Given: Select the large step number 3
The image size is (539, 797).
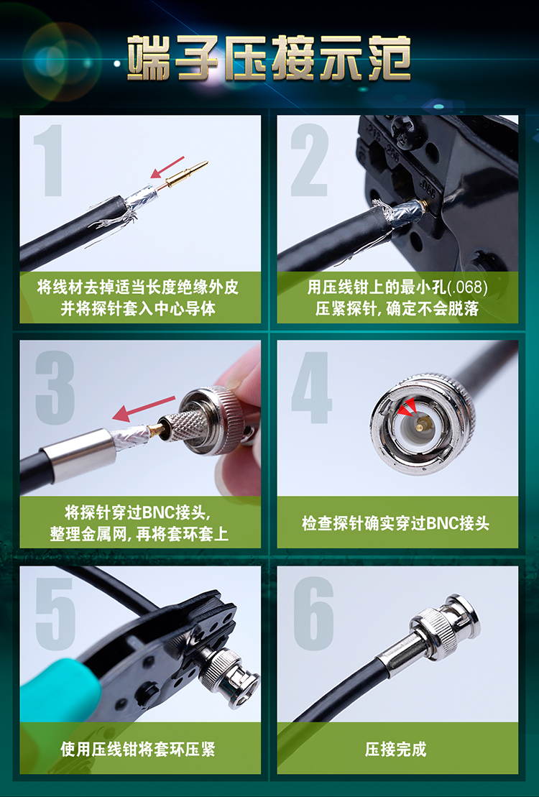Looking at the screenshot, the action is pyautogui.click(x=55, y=387).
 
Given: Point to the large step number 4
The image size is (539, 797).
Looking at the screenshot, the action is pyautogui.click(x=311, y=387).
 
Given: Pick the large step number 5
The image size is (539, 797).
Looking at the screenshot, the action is pyautogui.click(x=55, y=612).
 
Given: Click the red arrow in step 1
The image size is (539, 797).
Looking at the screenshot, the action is pyautogui.click(x=167, y=167).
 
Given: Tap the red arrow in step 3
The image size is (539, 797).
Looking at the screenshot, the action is pyautogui.click(x=144, y=409).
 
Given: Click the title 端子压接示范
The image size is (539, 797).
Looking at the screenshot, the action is pyautogui.click(x=269, y=57).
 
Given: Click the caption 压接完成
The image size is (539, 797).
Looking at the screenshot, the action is pyautogui.click(x=395, y=749).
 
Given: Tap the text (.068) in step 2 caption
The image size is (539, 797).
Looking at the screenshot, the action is pyautogui.click(x=467, y=287).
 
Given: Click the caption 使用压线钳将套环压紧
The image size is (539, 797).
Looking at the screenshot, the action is pyautogui.click(x=138, y=749).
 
